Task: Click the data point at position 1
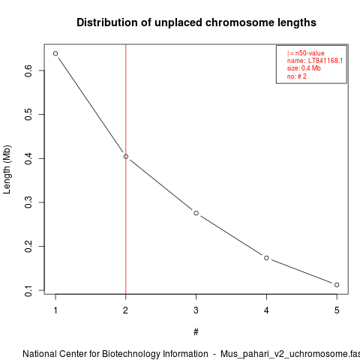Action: click(55, 53)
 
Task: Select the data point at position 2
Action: click(126, 157)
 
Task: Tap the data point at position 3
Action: click(196, 213)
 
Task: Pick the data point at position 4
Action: click(266, 258)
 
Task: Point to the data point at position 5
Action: click(337, 285)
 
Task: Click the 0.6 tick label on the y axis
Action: click(28, 70)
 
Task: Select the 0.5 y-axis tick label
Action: click(28, 114)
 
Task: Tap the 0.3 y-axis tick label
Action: click(28, 202)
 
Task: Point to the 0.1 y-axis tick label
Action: click(28, 290)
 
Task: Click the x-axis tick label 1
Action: click(55, 310)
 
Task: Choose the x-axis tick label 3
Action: click(196, 310)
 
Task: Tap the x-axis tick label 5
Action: click(337, 310)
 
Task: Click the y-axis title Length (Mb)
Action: click(7, 169)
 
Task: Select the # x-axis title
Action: click(196, 332)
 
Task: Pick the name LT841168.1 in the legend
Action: click(325, 61)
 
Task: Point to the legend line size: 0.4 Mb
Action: click(304, 68)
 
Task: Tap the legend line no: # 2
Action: click(297, 76)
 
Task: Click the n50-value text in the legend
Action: click(310, 53)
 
